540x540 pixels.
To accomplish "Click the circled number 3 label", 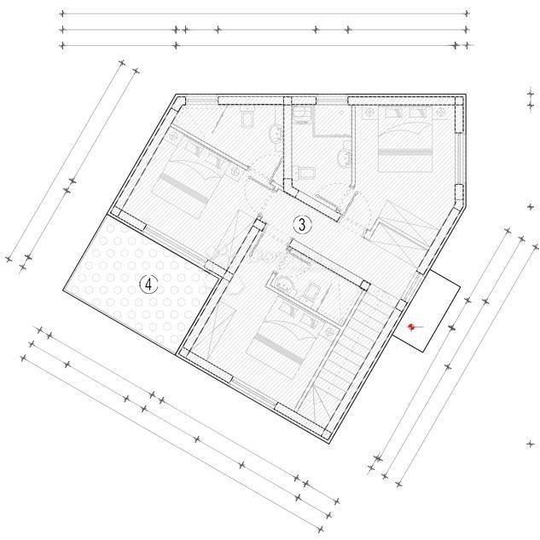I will point(301,224).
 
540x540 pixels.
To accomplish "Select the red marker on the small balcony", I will point(411,326).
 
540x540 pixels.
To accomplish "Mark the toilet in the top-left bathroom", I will point(246,120).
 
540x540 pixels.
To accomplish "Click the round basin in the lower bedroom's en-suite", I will point(282,284).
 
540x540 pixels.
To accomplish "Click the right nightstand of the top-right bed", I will point(437,113).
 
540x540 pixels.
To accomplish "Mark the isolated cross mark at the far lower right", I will point(528,443).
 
